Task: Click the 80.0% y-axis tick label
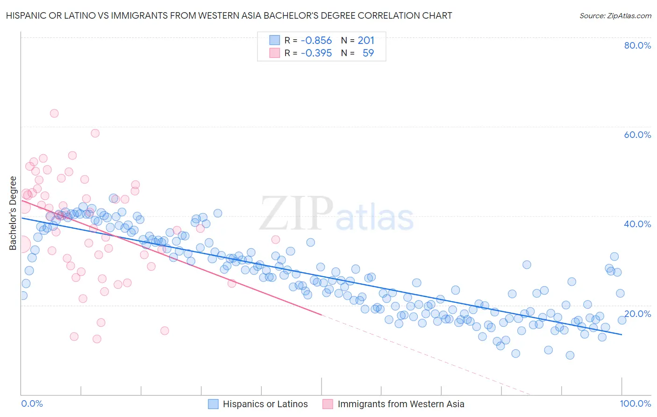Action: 637,45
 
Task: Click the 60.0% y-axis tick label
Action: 637,135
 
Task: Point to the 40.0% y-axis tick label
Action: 637,224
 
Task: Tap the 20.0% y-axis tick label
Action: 637,314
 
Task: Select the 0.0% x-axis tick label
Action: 32,403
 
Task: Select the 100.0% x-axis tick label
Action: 636,403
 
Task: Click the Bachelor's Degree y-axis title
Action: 13,213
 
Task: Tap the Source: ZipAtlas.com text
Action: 615,15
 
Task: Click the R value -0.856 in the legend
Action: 316,41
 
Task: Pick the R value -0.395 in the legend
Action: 316,53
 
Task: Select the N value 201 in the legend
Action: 366,41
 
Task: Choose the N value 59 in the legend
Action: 368,53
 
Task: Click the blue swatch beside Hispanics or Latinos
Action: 213,404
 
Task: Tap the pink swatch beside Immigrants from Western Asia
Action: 328,404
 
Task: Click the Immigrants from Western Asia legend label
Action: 401,404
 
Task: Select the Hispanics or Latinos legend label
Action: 265,404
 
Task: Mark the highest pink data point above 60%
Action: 54,113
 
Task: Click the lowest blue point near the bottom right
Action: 570,355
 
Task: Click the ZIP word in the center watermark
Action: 296,213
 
